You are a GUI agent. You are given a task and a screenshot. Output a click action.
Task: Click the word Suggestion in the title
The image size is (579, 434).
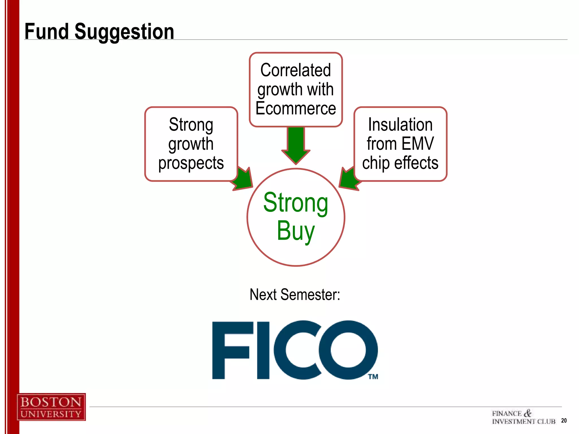point(124,32)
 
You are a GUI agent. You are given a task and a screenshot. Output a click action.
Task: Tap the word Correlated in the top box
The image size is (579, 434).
point(295,70)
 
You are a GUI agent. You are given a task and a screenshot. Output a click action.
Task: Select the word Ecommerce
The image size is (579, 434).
point(296,108)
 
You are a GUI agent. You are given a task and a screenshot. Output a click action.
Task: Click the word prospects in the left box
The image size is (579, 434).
point(191,163)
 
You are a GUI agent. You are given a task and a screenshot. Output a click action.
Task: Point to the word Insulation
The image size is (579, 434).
point(400,125)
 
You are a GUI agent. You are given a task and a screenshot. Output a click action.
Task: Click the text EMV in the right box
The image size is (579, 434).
point(417,144)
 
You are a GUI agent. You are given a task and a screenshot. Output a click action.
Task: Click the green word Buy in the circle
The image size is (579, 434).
point(295,231)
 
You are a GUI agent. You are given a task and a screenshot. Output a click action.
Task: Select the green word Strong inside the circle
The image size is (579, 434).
point(296,203)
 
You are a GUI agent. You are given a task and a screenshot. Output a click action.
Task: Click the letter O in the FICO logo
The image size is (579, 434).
point(348,350)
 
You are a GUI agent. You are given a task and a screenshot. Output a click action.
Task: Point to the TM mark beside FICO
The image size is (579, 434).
point(373,377)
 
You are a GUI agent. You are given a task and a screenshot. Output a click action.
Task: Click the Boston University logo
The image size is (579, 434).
point(51,407)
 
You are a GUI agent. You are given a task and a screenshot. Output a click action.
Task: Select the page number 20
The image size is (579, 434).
point(564,420)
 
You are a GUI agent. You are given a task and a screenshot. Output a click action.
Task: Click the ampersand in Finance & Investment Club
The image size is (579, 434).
point(527,413)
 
